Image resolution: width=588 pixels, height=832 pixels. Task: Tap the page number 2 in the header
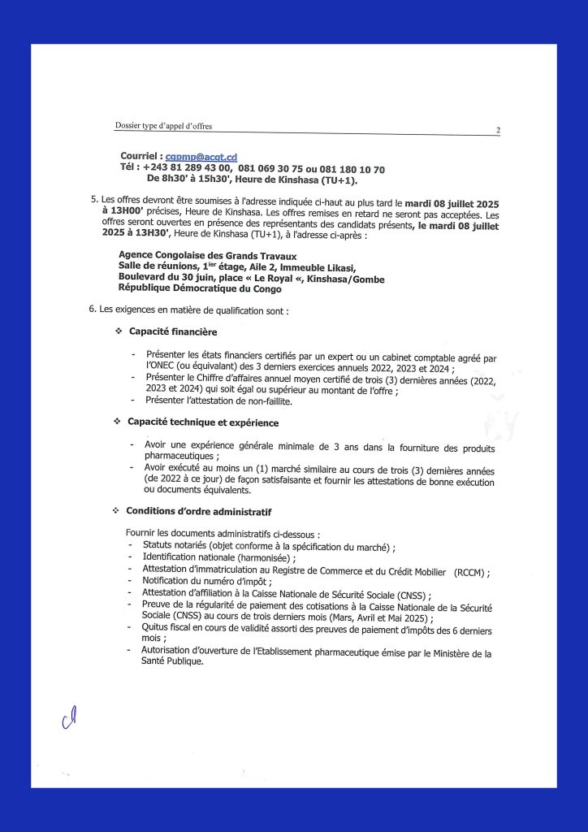pyautogui.click(x=498, y=130)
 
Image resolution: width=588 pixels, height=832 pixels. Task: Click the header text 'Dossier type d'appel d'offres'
pyautogui.click(x=164, y=126)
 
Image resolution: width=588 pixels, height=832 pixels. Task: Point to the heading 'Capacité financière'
pyautogui.click(x=173, y=331)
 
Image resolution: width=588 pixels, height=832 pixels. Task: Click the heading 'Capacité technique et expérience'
pyautogui.click(x=203, y=422)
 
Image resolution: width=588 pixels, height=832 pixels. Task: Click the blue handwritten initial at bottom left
pyautogui.click(x=70, y=716)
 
